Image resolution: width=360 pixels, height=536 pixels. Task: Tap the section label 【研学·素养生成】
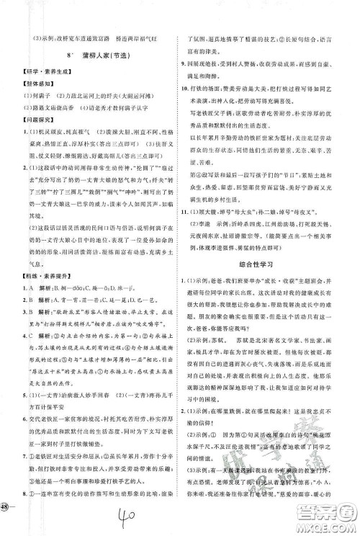46,75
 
